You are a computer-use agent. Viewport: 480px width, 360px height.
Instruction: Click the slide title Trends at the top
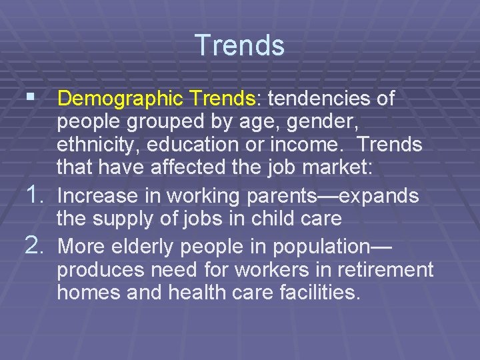(x=240, y=45)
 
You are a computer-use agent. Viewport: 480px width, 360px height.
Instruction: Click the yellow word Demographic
(x=121, y=99)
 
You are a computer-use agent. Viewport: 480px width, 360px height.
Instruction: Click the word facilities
(x=315, y=293)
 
